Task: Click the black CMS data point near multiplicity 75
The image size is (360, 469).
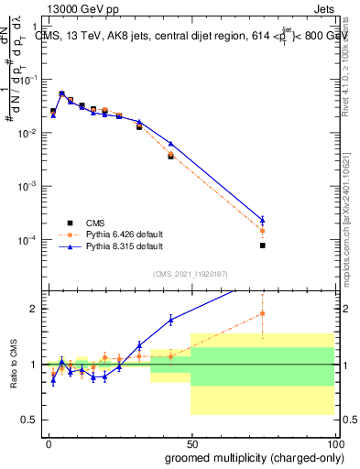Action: tap(262, 245)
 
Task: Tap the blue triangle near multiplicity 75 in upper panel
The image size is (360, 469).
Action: tap(262, 220)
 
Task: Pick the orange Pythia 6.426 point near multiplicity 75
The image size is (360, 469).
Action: tap(262, 231)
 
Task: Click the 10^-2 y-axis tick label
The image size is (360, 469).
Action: tap(31, 134)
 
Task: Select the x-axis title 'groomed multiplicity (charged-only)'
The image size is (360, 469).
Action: tap(242, 457)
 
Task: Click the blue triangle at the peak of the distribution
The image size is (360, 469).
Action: tap(61, 93)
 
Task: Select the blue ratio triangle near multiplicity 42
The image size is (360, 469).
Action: tap(170, 320)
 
